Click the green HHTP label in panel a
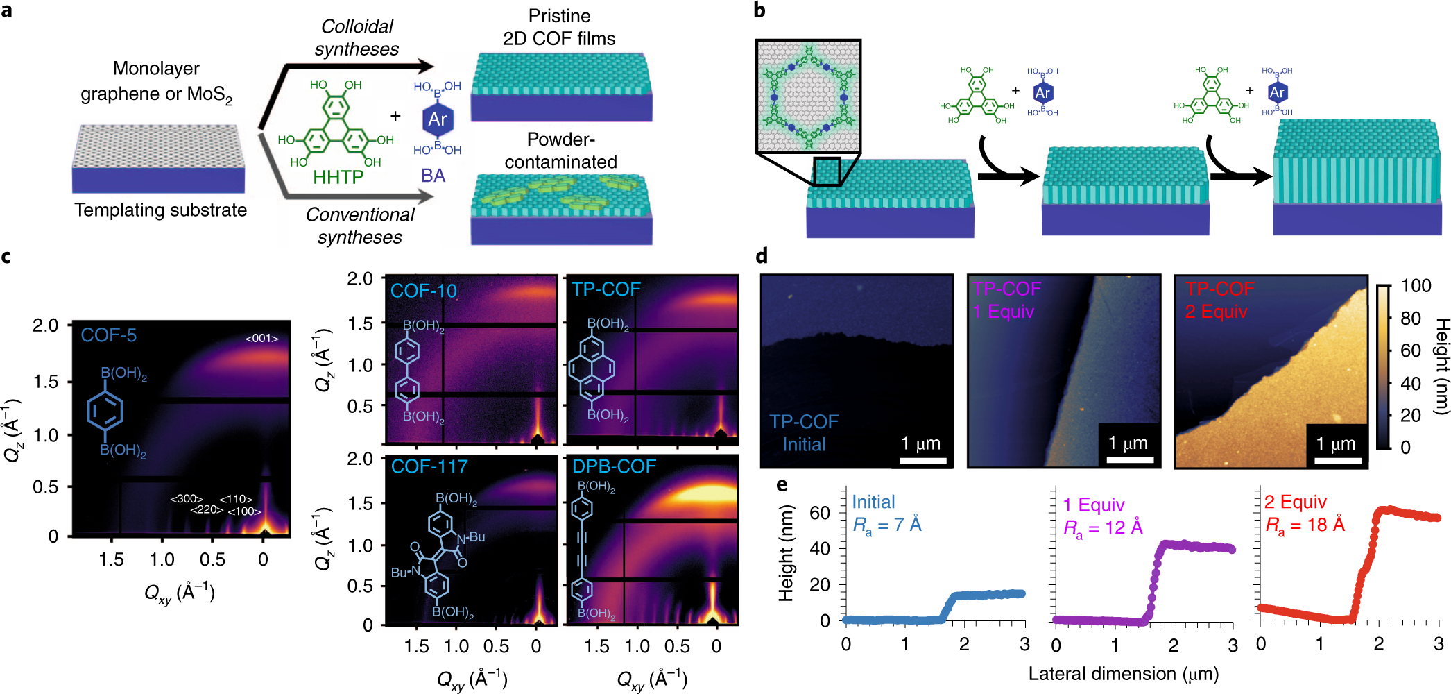pyautogui.click(x=338, y=178)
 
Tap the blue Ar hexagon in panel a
pyautogui.click(x=437, y=119)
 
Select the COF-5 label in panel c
pyautogui.click(x=109, y=335)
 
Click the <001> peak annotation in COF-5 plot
pyautogui.click(x=261, y=339)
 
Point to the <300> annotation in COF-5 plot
pyautogui.click(x=187, y=498)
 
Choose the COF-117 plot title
pyautogui.click(x=429, y=466)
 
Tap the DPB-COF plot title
pyautogui.click(x=614, y=466)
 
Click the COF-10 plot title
pyautogui.click(x=423, y=291)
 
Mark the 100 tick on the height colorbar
pyautogui.click(x=1415, y=286)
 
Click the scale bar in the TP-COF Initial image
pyautogui.click(x=923, y=459)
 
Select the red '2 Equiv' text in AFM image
pyautogui.click(x=1216, y=311)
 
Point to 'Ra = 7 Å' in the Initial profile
pyautogui.click(x=887, y=525)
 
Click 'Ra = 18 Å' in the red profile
pyautogui.click(x=1305, y=525)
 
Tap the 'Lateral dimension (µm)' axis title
pyautogui.click(x=1123, y=674)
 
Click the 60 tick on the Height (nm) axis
pyautogui.click(x=820, y=513)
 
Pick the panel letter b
pyautogui.click(x=759, y=10)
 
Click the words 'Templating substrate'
pyautogui.click(x=160, y=210)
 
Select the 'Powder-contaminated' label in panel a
pyautogui.click(x=560, y=151)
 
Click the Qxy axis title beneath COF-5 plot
pyautogui.click(x=179, y=594)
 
